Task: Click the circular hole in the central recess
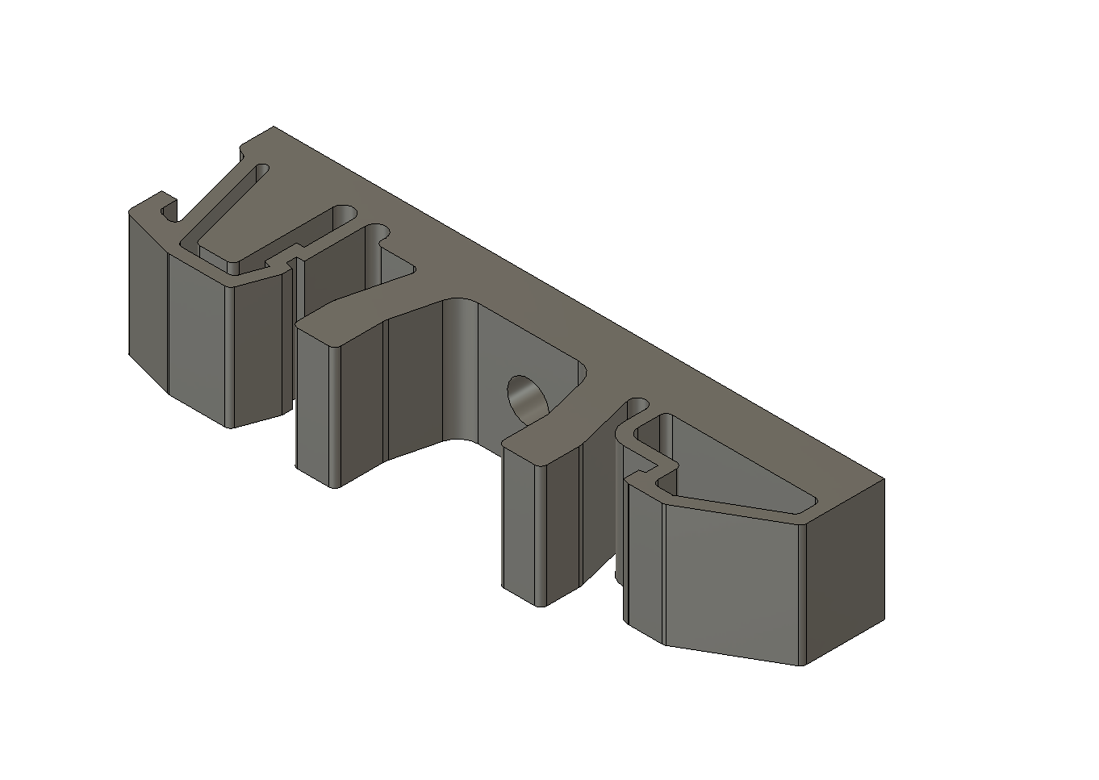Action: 525,397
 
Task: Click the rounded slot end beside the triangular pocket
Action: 638,403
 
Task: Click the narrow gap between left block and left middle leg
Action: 293,339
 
